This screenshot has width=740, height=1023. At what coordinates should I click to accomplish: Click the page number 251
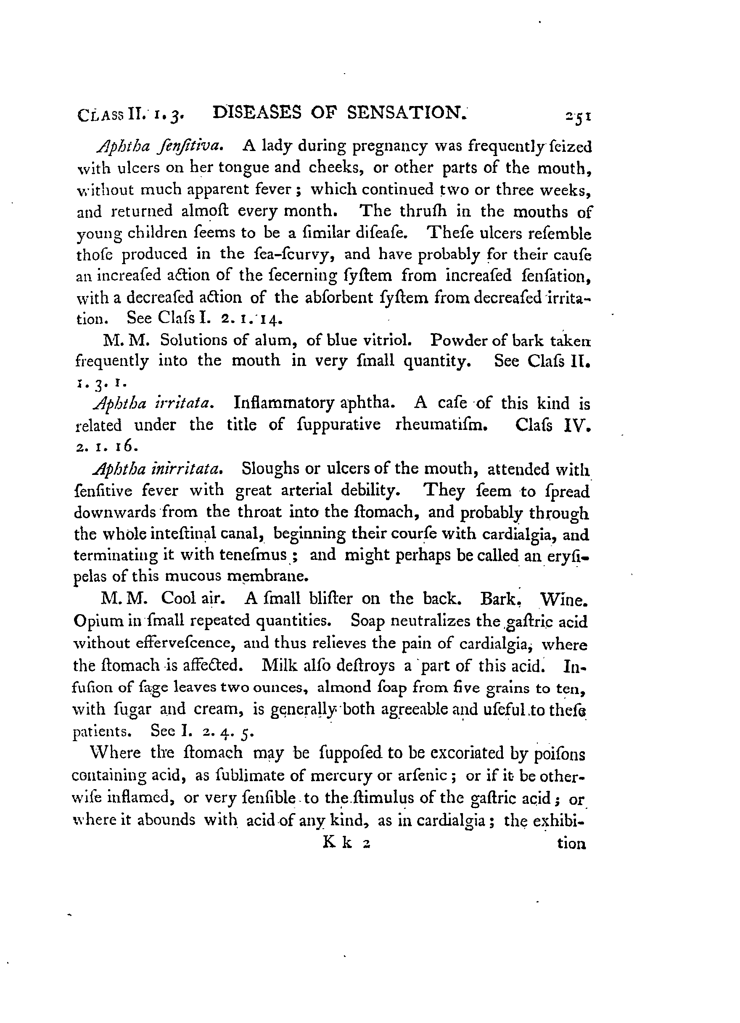point(579,117)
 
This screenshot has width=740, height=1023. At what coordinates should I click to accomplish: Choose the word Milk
point(279,665)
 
